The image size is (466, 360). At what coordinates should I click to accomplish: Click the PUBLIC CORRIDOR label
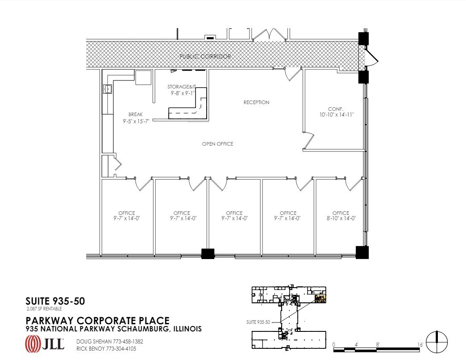coord(205,57)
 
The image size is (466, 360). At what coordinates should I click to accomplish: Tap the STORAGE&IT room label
coord(181,87)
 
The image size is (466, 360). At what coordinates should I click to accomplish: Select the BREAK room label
coord(135,114)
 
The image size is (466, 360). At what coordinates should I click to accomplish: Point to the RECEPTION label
coord(256,102)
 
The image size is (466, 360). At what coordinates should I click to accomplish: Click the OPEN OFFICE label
coord(217,144)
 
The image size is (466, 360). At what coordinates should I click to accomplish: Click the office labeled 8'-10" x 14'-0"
coord(341,218)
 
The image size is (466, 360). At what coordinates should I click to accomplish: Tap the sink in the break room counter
coord(108,89)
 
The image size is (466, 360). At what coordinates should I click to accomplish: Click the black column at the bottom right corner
coord(362,252)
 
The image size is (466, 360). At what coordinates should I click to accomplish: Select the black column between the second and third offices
coord(208,254)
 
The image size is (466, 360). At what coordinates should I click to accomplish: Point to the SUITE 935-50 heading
coord(55,301)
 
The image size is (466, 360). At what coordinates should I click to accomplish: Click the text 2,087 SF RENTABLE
coord(44,309)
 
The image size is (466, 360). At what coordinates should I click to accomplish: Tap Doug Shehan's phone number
coord(127,341)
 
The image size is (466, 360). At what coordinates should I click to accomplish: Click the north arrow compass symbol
coord(437,343)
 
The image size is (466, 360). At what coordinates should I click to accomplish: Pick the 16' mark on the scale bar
coord(420,344)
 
